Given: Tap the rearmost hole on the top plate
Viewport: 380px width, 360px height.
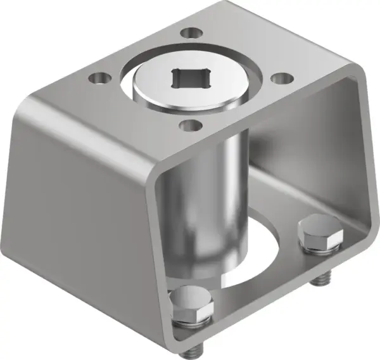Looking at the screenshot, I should coord(188,31).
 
